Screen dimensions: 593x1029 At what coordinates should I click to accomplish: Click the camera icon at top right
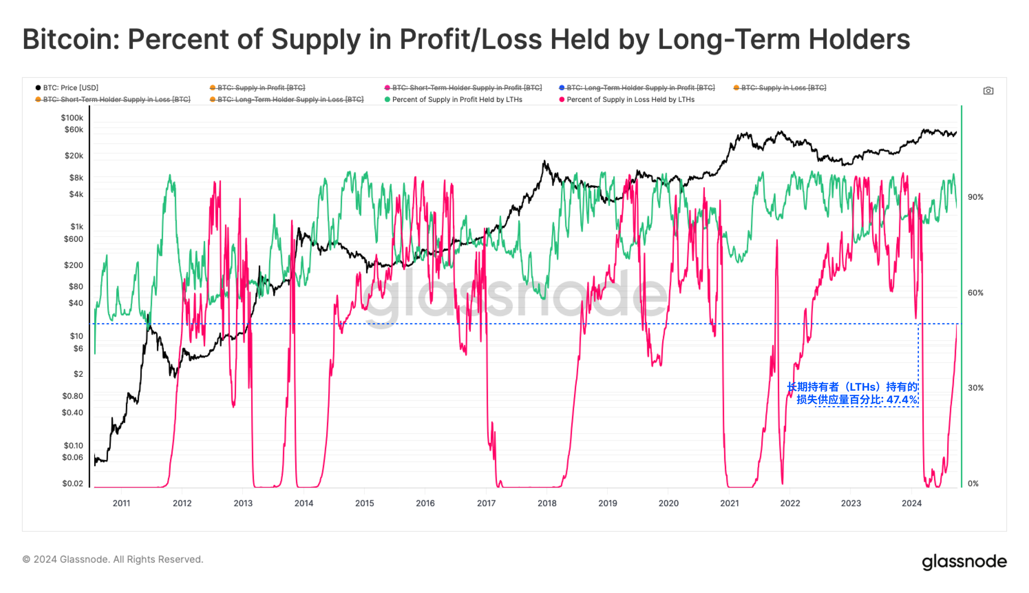click(x=988, y=91)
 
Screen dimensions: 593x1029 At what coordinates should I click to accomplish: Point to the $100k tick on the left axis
click(x=72, y=118)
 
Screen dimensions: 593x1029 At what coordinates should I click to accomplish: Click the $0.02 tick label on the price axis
click(x=73, y=483)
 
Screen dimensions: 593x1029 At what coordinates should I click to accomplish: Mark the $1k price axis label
click(x=77, y=226)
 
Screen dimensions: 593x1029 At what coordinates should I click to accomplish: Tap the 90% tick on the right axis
click(x=975, y=197)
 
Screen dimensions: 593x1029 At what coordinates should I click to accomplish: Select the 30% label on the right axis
click(x=975, y=388)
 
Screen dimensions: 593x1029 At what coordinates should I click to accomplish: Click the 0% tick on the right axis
click(x=973, y=483)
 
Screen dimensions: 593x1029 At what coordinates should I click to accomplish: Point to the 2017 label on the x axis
click(x=486, y=503)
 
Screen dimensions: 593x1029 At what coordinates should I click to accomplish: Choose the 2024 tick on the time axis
click(x=911, y=503)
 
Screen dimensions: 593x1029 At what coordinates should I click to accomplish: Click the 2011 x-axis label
click(x=121, y=503)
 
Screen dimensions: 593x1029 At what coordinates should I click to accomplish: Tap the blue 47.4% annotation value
click(x=901, y=400)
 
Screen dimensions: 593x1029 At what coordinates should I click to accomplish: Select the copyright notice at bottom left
click(x=113, y=560)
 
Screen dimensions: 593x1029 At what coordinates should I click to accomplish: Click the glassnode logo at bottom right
click(x=964, y=562)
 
